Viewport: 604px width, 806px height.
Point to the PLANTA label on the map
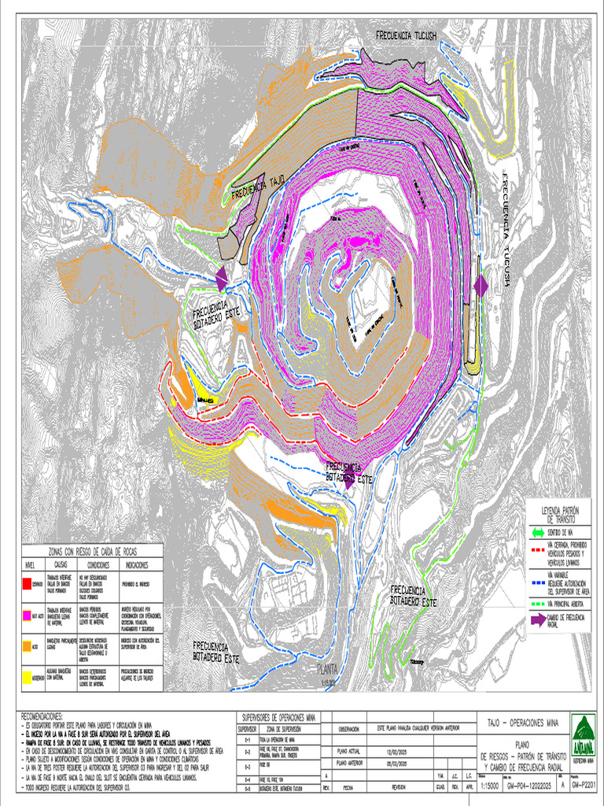(326, 669)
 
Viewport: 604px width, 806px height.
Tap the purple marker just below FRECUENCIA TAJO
(221, 276)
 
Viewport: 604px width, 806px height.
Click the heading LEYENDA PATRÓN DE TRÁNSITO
(559, 515)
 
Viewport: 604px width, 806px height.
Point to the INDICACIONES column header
(139, 565)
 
